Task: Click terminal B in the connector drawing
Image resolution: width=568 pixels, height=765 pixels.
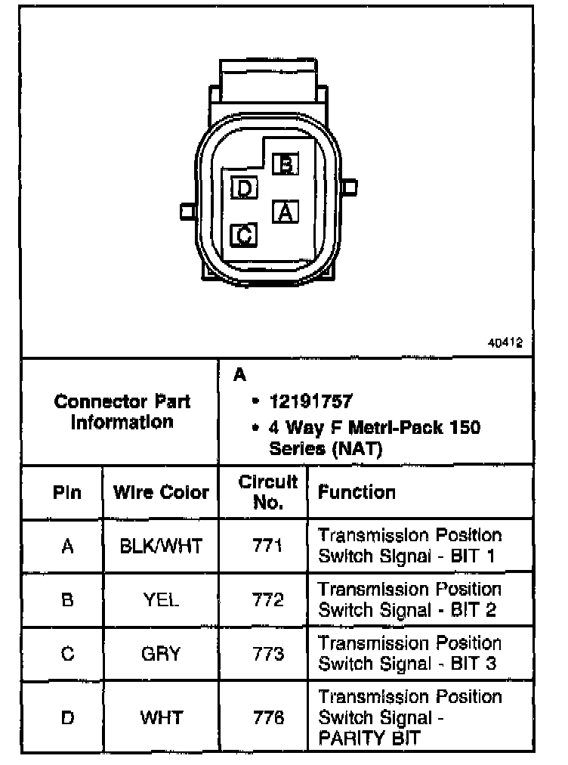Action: coord(286,164)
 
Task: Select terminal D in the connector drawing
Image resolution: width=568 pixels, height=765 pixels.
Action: coord(244,187)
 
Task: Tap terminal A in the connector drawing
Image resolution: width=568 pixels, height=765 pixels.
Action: coord(285,212)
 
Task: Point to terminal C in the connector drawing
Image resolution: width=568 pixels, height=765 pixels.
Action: coord(244,236)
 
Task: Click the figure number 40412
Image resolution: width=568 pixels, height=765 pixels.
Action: coord(505,342)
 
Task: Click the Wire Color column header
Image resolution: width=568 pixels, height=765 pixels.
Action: coord(161,493)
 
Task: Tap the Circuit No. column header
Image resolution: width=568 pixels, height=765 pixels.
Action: coord(267,492)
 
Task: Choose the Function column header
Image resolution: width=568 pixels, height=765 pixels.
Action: coord(357,493)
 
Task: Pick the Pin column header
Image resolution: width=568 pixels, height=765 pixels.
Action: coord(67,493)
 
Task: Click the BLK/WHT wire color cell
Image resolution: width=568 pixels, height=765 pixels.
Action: coord(161,546)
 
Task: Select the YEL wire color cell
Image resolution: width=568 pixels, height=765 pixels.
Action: coord(161,599)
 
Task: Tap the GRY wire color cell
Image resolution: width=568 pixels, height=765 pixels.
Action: coord(161,653)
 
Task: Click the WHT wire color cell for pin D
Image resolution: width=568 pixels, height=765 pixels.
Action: coord(161,717)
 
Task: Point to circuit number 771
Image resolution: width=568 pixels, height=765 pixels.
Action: coord(267,546)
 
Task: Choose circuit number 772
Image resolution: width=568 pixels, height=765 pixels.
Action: coord(267,599)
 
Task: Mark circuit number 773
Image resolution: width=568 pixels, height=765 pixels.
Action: coord(267,653)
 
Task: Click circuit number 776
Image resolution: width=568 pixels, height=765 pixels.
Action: coord(267,717)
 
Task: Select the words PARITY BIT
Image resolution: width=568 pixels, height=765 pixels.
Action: coord(369,738)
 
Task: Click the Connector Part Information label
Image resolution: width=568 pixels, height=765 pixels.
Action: coord(122,411)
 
